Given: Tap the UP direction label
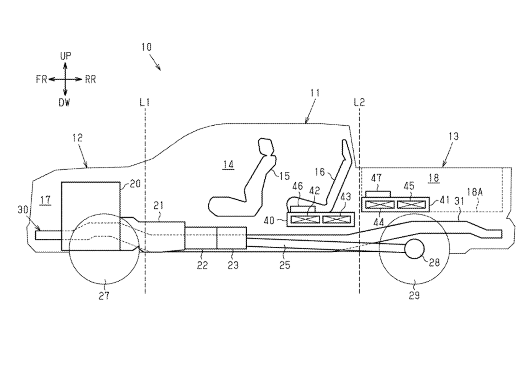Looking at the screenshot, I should coord(66,56).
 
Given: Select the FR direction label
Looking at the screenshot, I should coord(41,79).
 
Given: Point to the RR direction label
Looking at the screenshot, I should coord(90,79).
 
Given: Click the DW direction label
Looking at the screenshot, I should coord(65,103).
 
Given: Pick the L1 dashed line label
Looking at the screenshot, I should coord(145,102).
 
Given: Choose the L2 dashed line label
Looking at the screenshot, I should coord(359,102).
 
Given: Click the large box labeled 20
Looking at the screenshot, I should coord(91,216).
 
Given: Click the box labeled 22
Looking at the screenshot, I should coord(201,239).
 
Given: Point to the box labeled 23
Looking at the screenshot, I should coord(232,239).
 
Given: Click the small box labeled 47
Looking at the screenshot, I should coord(377,195).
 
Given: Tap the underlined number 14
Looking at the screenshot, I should coord(228,165).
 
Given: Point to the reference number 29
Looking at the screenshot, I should coord(414,296).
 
